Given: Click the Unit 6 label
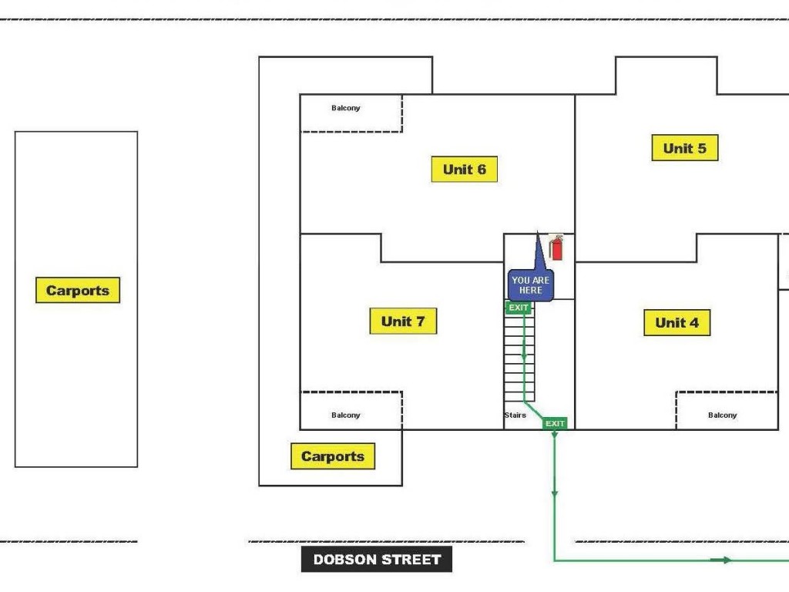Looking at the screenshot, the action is pyautogui.click(x=464, y=170).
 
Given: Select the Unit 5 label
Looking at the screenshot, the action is pyautogui.click(x=684, y=148).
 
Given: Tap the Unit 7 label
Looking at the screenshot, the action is pyautogui.click(x=403, y=321).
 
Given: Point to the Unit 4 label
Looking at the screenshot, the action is pyautogui.click(x=677, y=323).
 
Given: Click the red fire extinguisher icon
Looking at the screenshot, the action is pyautogui.click(x=556, y=248).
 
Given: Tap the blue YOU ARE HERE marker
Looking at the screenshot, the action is pyautogui.click(x=530, y=284).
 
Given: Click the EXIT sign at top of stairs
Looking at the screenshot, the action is pyautogui.click(x=519, y=308).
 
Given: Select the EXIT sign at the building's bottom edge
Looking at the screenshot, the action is pyautogui.click(x=555, y=423).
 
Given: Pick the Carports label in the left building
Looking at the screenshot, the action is pyautogui.click(x=78, y=291).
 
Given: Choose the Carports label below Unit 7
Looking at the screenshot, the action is pyautogui.click(x=333, y=456).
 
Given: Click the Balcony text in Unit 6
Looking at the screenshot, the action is pyautogui.click(x=345, y=108).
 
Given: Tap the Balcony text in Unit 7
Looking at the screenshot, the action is pyautogui.click(x=345, y=415).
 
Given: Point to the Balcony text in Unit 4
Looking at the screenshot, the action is pyautogui.click(x=722, y=415).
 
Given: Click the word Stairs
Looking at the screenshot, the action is pyautogui.click(x=515, y=415).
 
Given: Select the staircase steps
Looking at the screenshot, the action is pyautogui.click(x=519, y=358).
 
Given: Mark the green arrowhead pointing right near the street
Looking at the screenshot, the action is pyautogui.click(x=726, y=560).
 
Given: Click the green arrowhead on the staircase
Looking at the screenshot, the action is pyautogui.click(x=524, y=357).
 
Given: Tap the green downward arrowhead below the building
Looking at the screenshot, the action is pyautogui.click(x=555, y=493).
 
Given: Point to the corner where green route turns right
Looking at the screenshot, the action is pyautogui.click(x=555, y=560).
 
